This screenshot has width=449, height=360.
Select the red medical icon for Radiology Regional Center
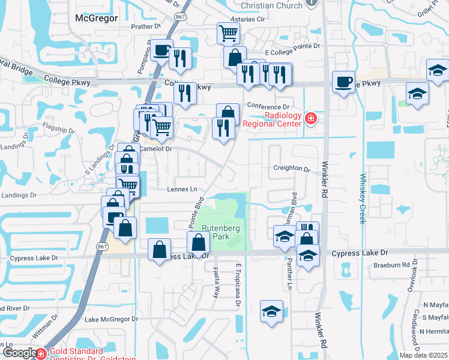310,118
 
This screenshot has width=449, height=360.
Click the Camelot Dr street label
155,148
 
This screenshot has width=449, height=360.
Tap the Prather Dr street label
146,27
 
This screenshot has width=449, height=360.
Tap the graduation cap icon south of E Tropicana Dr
271,311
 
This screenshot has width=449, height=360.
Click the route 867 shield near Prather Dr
181,17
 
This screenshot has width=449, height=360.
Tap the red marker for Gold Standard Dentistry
41,353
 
